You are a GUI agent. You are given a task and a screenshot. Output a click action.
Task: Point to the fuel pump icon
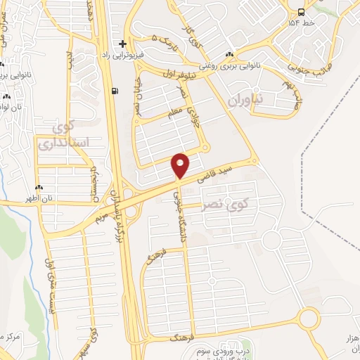coord(115,91)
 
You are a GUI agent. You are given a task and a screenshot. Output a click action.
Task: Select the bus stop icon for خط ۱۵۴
coord(301,12)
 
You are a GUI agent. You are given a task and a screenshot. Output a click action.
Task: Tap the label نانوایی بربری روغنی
coord(229,67)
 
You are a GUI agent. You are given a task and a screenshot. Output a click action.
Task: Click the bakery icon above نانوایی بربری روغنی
coord(229,56)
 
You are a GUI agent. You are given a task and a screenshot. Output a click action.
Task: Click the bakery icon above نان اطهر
coord(39,188)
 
